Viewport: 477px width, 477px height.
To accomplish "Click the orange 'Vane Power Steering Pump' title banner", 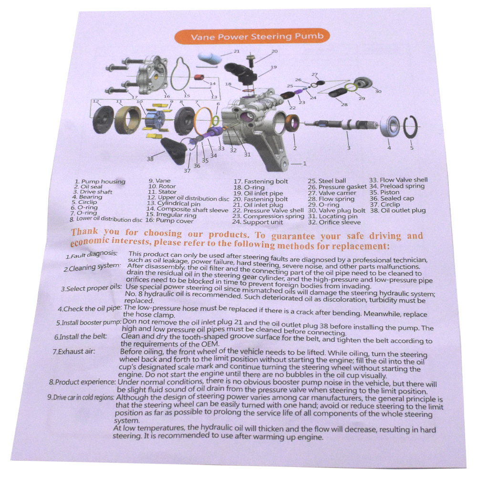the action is tap(252, 37).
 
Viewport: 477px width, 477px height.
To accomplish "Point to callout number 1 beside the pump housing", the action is tap(304, 164).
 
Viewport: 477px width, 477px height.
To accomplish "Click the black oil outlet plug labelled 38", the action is tap(174, 150).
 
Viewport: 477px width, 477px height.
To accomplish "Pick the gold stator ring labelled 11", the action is tap(127, 119).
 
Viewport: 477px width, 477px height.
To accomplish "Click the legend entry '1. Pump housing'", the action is tap(100, 182).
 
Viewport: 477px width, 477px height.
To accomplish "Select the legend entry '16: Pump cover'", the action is tap(169, 220).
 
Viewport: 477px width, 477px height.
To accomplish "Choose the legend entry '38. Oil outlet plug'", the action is tap(398, 210).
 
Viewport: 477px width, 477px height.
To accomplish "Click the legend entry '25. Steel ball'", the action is tap(327, 181).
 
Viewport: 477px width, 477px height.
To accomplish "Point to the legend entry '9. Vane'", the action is tap(159, 181).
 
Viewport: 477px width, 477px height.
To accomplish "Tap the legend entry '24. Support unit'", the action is tap(258, 222).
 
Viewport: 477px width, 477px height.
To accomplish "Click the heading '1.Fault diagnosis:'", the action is tap(92, 255).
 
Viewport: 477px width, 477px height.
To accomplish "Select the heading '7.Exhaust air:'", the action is tap(74, 352).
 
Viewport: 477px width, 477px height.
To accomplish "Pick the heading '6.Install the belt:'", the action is tap(81, 337).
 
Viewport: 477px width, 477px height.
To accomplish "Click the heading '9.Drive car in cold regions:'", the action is tap(81, 397).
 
